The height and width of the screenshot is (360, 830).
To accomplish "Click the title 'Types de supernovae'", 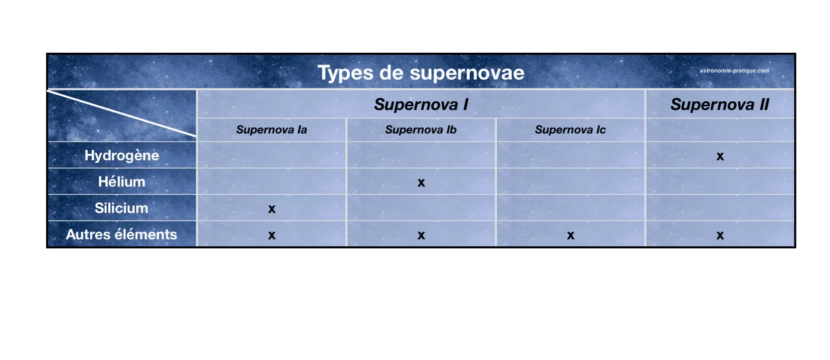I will tap(421, 73).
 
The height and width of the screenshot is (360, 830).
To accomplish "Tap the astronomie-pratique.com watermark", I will tap(734, 71).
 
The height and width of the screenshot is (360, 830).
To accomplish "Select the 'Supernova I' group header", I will tap(421, 104).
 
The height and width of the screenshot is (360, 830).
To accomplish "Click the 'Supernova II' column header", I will tap(720, 104).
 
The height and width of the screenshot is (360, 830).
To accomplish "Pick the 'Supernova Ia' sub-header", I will tap(271, 130).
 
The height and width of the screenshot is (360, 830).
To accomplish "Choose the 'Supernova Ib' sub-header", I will tap(421, 130).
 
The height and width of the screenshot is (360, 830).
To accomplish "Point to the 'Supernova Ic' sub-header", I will tap(570, 130).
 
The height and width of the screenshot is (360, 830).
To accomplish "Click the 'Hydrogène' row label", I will tap(122, 155).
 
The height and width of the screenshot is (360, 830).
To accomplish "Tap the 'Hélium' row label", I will tap(122, 182).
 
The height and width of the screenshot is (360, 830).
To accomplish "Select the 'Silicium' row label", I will tap(121, 208).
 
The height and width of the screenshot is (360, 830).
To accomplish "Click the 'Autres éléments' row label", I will tap(122, 235).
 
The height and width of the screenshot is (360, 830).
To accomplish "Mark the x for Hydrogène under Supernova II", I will tap(720, 157).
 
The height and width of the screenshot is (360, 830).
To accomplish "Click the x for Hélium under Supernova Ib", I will tap(421, 183).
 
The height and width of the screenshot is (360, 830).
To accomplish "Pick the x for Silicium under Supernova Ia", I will tap(272, 209).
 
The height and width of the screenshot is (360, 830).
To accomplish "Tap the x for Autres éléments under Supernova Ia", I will tap(272, 235).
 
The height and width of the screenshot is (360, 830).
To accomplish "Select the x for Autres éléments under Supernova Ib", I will tap(421, 235).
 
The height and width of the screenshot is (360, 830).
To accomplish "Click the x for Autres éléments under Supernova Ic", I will tap(571, 235).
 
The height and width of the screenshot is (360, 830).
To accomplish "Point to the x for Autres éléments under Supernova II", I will tap(720, 235).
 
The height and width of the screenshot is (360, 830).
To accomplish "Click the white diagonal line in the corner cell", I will tap(121, 113).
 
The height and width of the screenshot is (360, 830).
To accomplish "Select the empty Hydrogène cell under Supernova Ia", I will tap(271, 155).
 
